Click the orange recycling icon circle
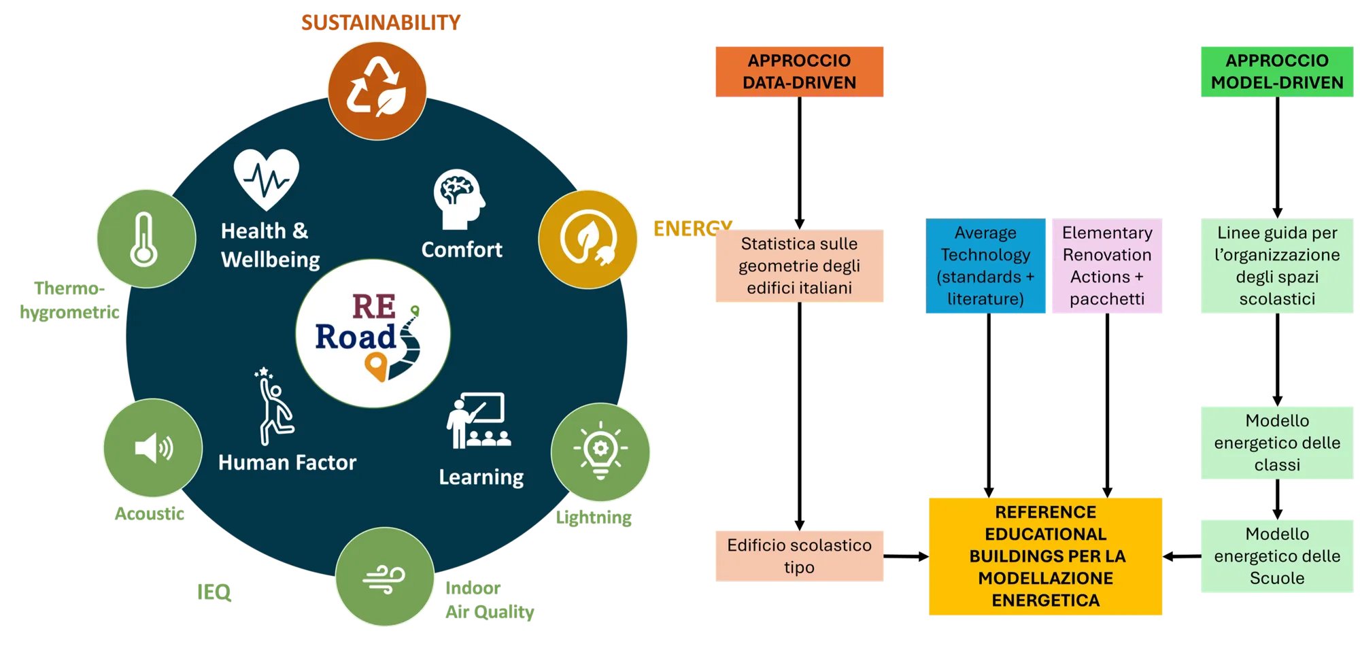pos(377,90)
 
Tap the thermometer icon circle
pos(146,239)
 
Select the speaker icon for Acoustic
pos(153,448)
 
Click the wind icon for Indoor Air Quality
pos(384,578)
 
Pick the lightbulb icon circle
pos(600,451)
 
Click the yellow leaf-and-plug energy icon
pos(588,239)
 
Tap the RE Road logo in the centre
pos(373,333)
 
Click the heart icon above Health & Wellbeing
pos(266,179)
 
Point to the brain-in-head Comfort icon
pos(459,199)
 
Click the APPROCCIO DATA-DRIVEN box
pos(799,71)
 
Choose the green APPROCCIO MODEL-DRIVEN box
pos(1276,71)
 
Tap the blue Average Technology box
pos(985,266)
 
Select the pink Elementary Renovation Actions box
pos(1106,266)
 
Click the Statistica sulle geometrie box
pos(799,266)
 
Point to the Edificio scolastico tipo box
pos(799,556)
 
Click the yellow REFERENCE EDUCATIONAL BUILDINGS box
pos(1045,556)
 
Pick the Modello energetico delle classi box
pos(1276,443)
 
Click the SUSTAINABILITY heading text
pos(380,22)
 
